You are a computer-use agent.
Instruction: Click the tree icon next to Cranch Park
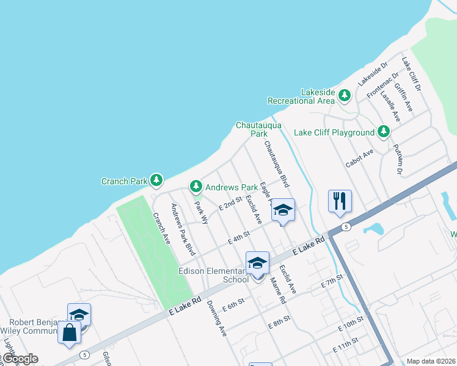pos(157,180)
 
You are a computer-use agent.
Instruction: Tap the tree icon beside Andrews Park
pos(196,187)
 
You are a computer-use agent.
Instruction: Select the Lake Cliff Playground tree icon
pos(384,132)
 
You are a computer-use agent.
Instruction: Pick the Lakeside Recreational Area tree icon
pos(345,96)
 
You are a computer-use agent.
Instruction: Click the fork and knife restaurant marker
pos(340,201)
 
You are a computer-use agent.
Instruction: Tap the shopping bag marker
pos(70,333)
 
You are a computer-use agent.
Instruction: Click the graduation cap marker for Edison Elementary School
pos(257,264)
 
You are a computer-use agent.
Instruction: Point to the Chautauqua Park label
pos(259,129)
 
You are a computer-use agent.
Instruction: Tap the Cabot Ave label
pos(359,156)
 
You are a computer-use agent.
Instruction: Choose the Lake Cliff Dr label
pos(411,74)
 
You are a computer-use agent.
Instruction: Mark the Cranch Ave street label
pos(161,228)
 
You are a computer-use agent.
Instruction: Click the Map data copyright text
pos(431,361)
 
